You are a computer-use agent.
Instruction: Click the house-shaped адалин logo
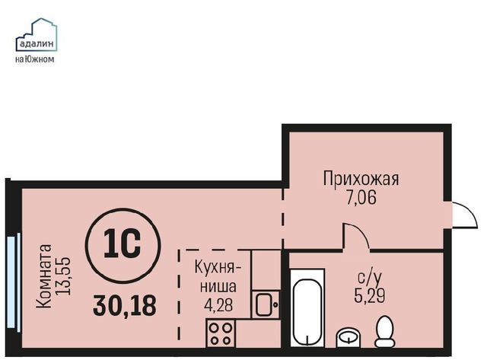(37, 34)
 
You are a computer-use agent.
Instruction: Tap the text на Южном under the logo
(34, 59)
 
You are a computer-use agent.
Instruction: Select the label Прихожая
(361, 179)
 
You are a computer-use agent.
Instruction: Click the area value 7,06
(361, 198)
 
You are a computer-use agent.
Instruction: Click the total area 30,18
(125, 305)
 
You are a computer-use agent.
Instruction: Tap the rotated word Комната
(44, 276)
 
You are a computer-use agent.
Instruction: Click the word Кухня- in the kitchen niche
(218, 267)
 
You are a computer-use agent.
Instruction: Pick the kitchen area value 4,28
(218, 304)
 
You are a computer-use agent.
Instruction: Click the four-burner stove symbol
(221, 333)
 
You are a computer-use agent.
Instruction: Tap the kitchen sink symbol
(266, 304)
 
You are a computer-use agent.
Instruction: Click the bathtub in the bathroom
(307, 307)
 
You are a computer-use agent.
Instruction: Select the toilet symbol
(385, 331)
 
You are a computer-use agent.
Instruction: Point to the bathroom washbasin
(349, 338)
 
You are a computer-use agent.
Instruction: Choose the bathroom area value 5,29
(370, 295)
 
